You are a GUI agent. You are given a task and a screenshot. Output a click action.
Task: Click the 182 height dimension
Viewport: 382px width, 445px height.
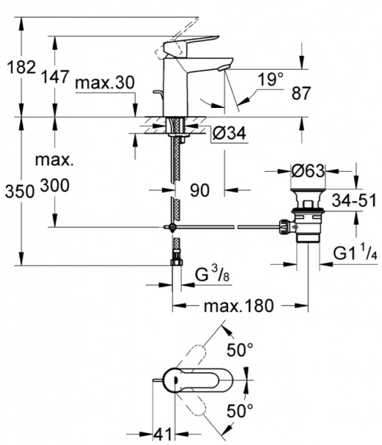tap(22, 67)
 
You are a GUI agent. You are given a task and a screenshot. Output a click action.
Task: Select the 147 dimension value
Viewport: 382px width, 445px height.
tap(55, 77)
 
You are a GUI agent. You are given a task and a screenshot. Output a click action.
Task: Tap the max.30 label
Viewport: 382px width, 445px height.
tap(105, 83)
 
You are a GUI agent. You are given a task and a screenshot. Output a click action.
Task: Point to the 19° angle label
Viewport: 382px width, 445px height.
tap(271, 79)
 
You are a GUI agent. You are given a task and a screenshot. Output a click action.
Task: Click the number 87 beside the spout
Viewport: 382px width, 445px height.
tap(301, 93)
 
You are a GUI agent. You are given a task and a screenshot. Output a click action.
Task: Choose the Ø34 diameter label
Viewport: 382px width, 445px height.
tap(229, 132)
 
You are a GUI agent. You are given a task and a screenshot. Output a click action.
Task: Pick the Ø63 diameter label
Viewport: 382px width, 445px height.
tap(308, 171)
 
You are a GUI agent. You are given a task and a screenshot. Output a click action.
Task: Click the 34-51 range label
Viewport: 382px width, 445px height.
tap(355, 200)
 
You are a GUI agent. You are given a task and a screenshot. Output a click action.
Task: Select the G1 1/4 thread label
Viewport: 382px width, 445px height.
tap(355, 252)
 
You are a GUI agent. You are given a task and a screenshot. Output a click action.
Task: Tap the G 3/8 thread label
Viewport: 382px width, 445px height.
tap(213, 274)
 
